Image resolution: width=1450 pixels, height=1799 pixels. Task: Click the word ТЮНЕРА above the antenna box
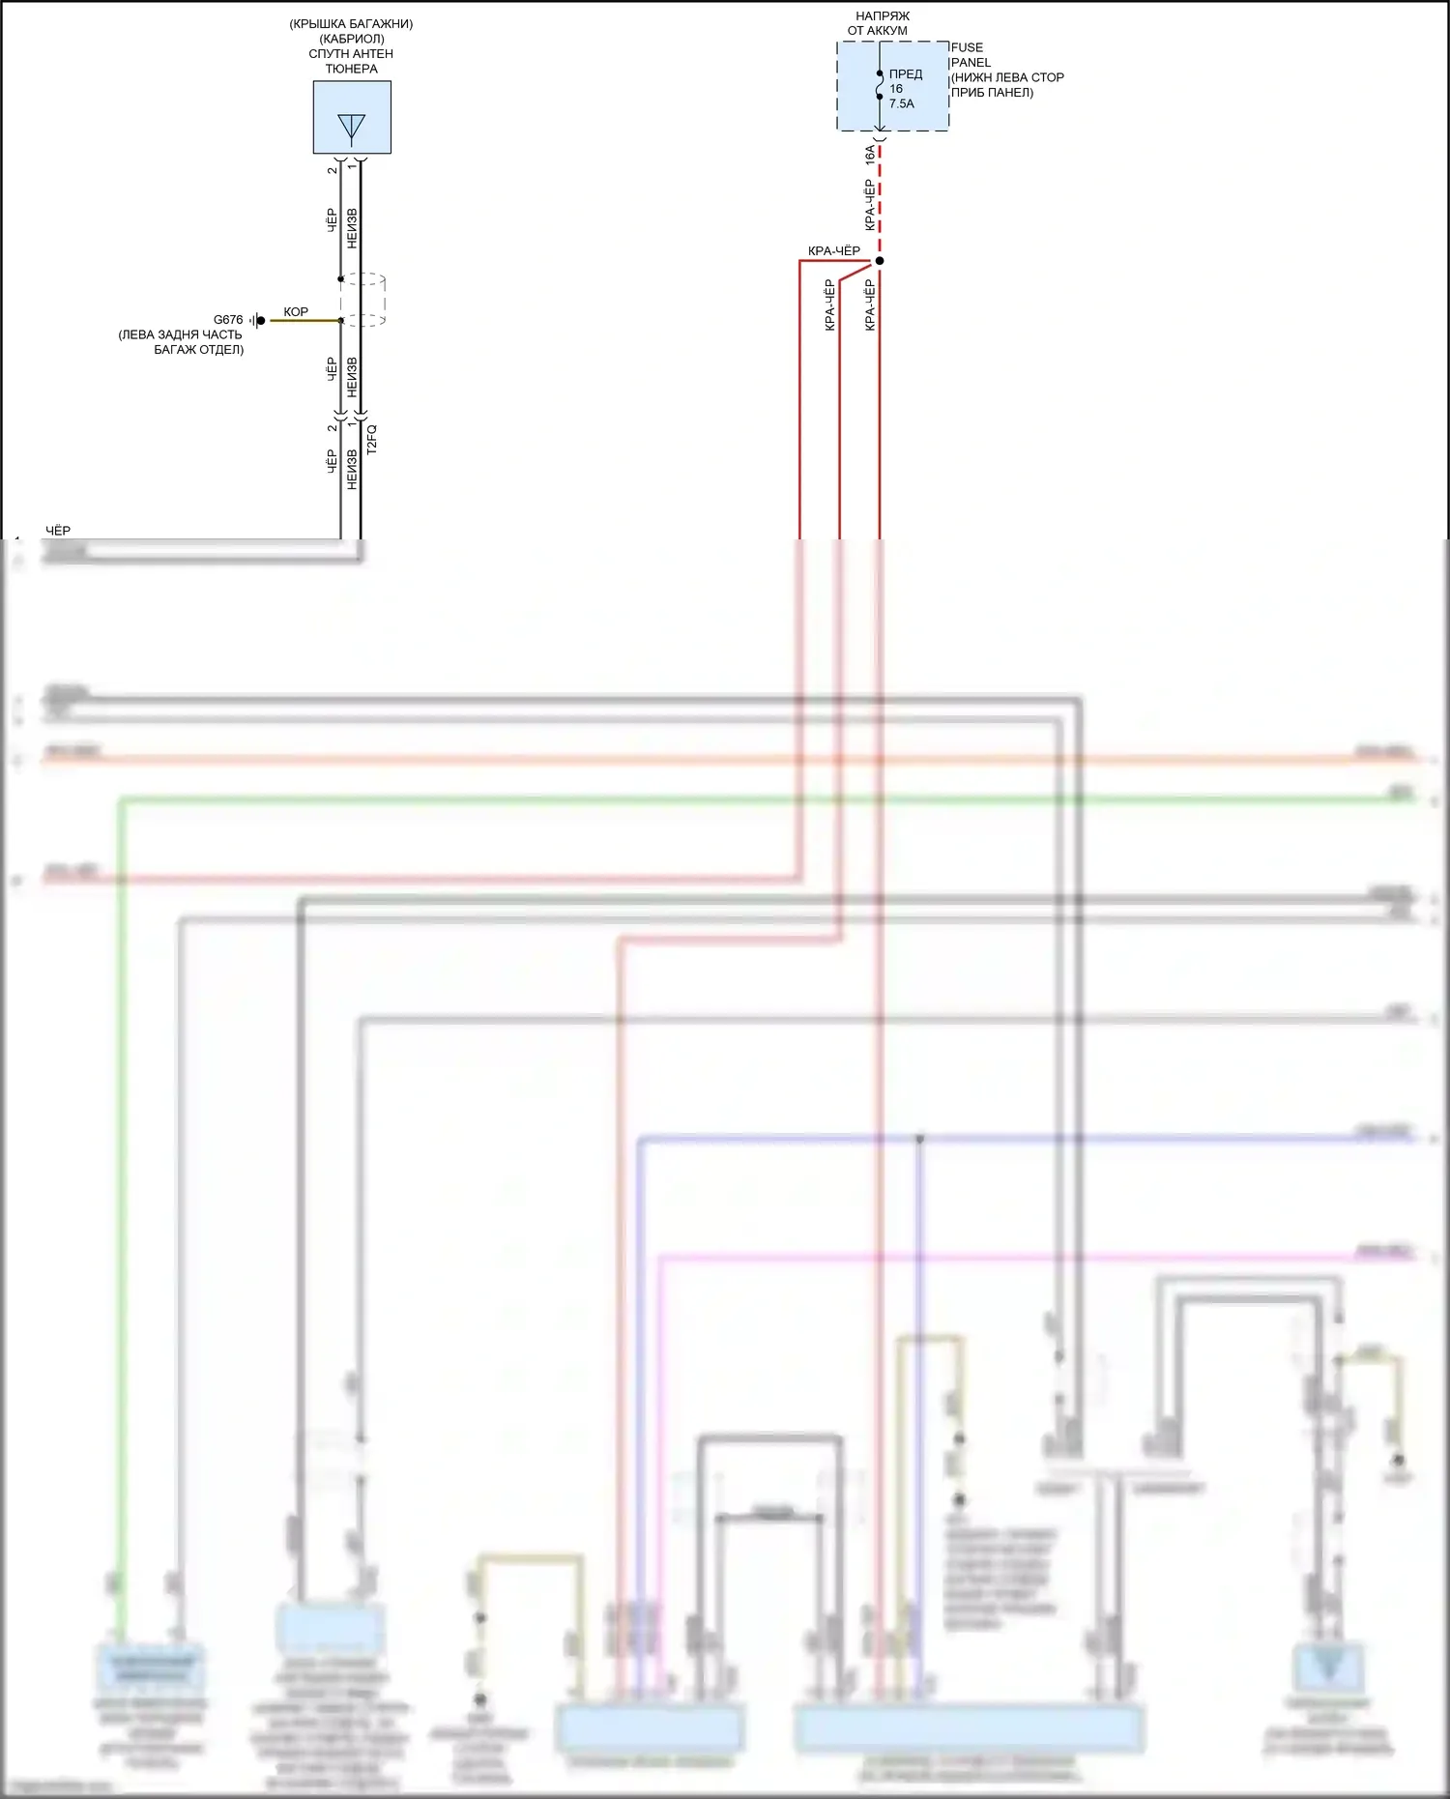[x=352, y=70]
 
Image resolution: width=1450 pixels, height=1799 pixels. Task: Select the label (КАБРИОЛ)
[x=352, y=39]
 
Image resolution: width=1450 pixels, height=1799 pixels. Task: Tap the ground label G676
[x=228, y=320]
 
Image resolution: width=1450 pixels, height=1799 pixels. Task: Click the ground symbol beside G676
[x=257, y=320]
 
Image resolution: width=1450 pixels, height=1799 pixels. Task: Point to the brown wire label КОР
[x=296, y=312]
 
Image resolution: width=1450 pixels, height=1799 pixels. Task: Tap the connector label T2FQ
[x=372, y=440]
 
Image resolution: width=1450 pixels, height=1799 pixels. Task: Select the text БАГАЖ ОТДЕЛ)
[x=198, y=350]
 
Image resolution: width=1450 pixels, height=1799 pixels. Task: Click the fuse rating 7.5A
[x=902, y=103]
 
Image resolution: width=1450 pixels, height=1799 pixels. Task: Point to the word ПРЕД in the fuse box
[x=906, y=74]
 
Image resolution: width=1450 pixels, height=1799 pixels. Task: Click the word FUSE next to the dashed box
[x=967, y=47]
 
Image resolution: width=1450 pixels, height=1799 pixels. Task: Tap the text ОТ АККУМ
[x=878, y=31]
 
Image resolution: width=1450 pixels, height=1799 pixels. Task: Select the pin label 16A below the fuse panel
[x=870, y=156]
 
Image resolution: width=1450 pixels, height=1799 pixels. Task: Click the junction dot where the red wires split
[x=880, y=261]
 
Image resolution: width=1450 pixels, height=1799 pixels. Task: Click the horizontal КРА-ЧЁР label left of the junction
[x=834, y=251]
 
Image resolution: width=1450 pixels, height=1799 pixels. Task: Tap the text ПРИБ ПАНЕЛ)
[x=992, y=93]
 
